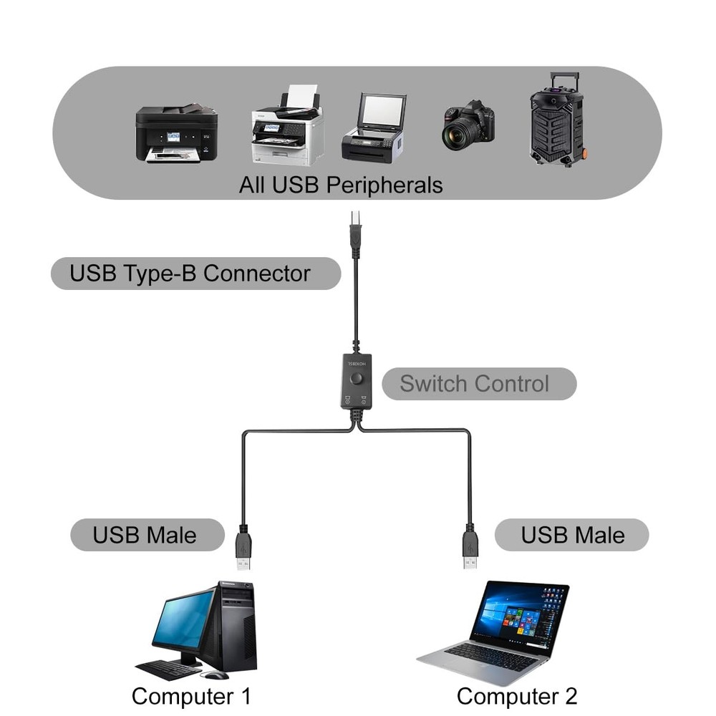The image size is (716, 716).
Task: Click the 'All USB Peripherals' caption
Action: (x=341, y=185)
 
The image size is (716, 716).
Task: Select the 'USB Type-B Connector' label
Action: (x=190, y=274)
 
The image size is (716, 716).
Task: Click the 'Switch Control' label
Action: (x=475, y=384)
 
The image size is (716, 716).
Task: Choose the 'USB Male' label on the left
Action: (x=144, y=535)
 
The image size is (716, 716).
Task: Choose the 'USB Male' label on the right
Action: (x=572, y=535)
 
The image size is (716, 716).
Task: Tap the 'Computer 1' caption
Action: (x=191, y=696)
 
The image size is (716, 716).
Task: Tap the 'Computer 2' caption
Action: (x=516, y=696)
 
